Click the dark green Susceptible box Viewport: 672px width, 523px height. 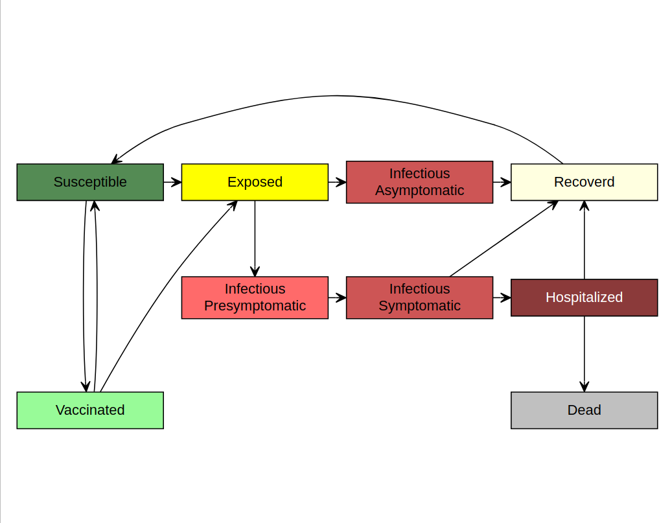(x=90, y=182)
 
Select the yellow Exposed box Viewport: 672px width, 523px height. (x=255, y=182)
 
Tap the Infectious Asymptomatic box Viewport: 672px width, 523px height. (x=419, y=182)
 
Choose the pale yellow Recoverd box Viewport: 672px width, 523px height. (x=584, y=182)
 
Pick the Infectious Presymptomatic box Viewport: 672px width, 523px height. (x=255, y=297)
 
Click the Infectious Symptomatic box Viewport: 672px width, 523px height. (x=419, y=297)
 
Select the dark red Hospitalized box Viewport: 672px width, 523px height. (x=584, y=297)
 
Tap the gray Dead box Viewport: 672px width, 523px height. (x=584, y=410)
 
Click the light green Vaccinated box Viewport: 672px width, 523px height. (x=90, y=410)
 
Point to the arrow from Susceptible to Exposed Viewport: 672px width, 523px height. (x=172, y=182)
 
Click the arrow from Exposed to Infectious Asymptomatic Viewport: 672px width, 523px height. (x=337, y=182)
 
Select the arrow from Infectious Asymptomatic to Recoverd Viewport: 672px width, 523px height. (x=502, y=182)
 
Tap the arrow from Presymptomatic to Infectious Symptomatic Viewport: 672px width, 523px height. (x=337, y=297)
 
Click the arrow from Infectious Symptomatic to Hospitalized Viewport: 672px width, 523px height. (x=502, y=297)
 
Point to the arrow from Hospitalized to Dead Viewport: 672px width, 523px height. (x=584, y=354)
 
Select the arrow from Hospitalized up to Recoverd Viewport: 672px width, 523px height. (x=584, y=240)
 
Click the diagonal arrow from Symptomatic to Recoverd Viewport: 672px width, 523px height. (x=504, y=238)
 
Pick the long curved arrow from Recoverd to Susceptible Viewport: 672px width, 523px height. (x=336, y=96)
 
